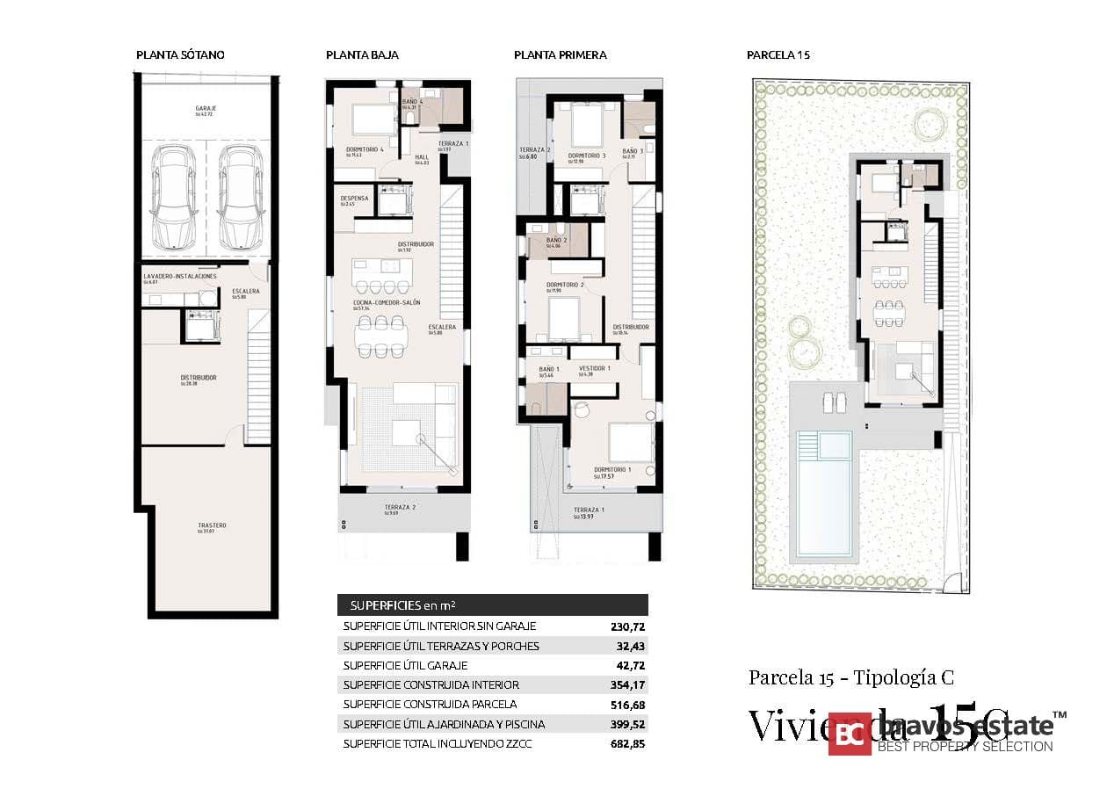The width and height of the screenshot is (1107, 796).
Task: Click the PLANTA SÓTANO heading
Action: click(180, 54)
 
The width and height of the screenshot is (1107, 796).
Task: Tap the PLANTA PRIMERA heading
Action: click(560, 54)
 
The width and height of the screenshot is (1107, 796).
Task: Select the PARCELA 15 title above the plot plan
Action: click(778, 54)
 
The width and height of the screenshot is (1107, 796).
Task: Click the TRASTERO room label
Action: click(206, 526)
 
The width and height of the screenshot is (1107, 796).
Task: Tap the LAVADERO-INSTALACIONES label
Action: click(179, 276)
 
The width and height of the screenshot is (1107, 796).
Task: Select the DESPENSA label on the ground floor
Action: click(354, 199)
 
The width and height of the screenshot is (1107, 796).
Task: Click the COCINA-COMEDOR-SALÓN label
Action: click(387, 302)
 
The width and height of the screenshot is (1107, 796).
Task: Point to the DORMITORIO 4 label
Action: click(365, 150)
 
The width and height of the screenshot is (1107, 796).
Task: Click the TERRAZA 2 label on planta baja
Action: click(400, 507)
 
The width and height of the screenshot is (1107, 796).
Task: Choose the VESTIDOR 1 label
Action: click(595, 368)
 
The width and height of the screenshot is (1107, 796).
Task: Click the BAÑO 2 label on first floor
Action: click(555, 240)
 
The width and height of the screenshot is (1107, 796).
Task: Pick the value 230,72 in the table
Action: click(627, 626)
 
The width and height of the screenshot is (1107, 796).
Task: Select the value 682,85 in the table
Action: click(627, 743)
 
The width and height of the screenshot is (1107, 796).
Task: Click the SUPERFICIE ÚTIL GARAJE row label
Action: click(404, 665)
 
